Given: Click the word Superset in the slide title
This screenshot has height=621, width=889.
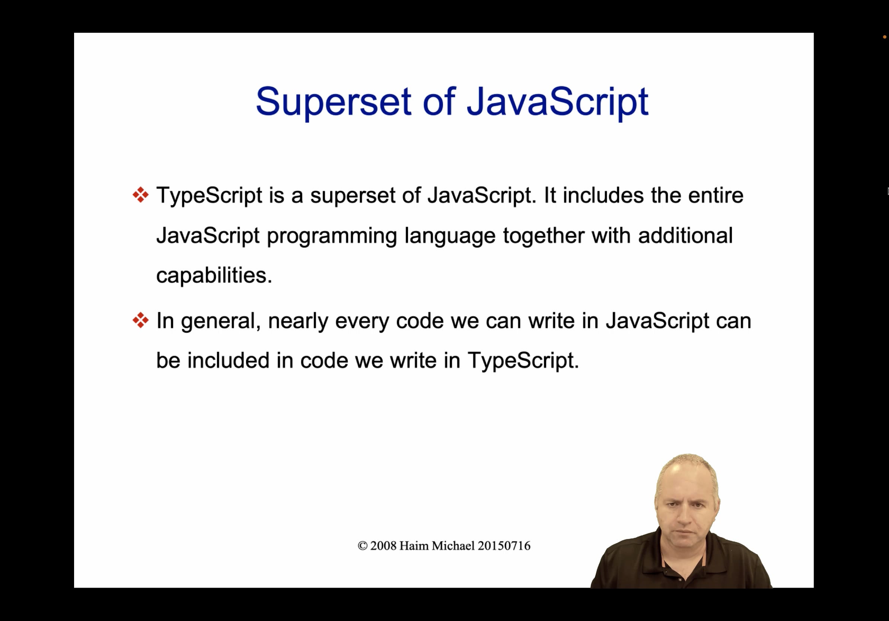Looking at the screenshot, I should click(x=333, y=102).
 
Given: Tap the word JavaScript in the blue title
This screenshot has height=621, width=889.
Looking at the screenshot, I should click(x=557, y=102).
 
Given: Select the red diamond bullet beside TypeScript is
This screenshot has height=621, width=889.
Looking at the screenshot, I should click(x=141, y=195).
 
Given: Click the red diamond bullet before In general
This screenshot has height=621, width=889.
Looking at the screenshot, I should click(x=141, y=320).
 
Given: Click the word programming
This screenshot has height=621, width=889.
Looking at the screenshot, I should click(x=332, y=236).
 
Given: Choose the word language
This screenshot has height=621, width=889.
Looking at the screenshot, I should click(x=450, y=236).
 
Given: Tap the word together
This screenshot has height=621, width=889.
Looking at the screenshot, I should click(x=543, y=235).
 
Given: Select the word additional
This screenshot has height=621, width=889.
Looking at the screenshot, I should click(x=685, y=235).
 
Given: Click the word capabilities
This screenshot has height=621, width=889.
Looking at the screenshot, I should click(x=214, y=276).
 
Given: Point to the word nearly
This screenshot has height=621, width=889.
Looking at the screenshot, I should click(x=298, y=321).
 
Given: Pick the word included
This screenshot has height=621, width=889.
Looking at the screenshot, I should click(x=228, y=360).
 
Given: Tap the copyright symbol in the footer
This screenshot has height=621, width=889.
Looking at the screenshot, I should click(x=363, y=546).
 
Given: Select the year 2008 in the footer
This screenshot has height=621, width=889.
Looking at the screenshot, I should click(x=383, y=546).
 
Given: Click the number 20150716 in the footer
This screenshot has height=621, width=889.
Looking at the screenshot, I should click(x=504, y=546).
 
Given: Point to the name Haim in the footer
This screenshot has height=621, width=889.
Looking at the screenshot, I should click(x=414, y=546).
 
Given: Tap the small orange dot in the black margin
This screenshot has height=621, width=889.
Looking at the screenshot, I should click(x=885, y=37).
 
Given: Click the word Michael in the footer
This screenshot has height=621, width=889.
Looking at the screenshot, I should click(x=453, y=546).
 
